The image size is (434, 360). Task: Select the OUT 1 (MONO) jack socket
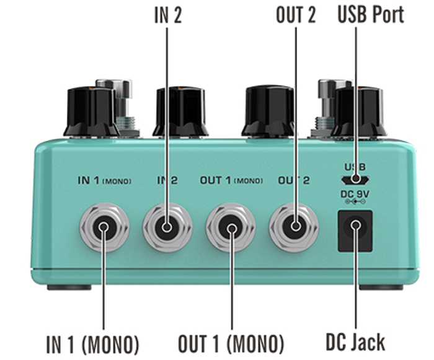coord(231,228)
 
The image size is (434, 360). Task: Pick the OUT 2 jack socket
coord(294,227)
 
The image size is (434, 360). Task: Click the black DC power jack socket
coord(355,229)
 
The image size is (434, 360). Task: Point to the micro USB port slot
coord(355,180)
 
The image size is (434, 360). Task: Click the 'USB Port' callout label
coord(370,15)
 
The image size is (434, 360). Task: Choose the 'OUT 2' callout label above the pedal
coord(296,15)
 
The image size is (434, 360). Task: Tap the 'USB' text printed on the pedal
coord(355,167)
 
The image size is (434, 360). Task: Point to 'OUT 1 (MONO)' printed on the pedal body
coord(231,180)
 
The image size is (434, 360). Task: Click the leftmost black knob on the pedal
coord(91,112)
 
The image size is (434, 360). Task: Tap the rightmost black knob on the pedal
coord(358,112)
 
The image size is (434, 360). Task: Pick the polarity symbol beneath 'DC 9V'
coord(355,201)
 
